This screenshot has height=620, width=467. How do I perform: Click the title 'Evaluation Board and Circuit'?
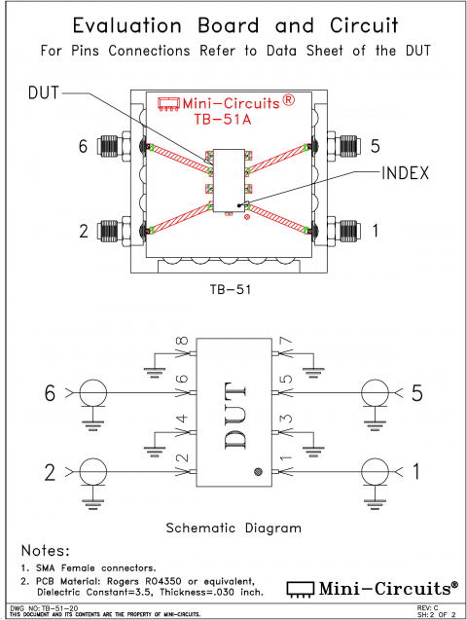(233, 24)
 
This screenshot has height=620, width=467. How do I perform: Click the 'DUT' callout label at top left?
(44, 92)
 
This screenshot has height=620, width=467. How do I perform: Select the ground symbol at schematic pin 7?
(312, 369)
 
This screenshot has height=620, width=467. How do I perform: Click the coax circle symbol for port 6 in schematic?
(94, 394)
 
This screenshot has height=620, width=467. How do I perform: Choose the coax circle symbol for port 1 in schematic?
(373, 472)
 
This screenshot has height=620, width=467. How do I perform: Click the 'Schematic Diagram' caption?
(233, 528)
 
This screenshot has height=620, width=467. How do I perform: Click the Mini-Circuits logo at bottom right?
(373, 587)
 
